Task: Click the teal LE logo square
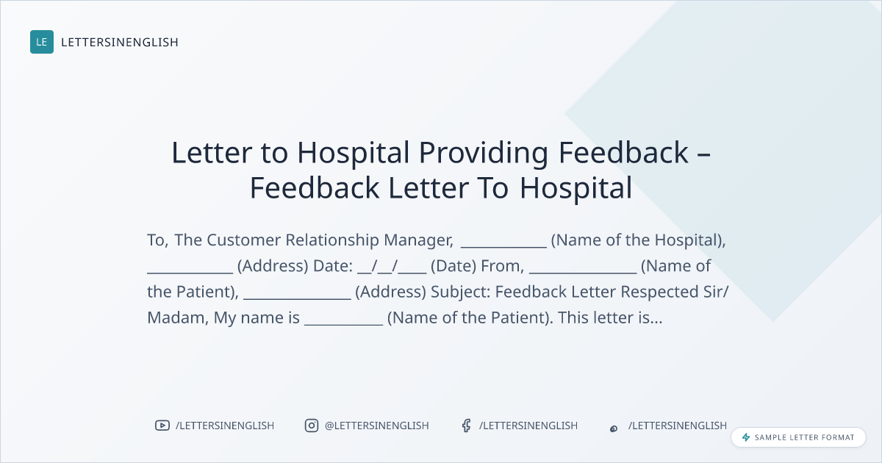(42, 42)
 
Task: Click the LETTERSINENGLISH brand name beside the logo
(120, 42)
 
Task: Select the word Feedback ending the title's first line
(623, 152)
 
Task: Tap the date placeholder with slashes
(392, 266)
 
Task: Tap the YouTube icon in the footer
(162, 426)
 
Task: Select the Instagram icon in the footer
(312, 426)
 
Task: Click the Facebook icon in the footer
(467, 426)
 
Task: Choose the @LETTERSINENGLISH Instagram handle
(377, 426)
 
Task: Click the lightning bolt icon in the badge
(746, 437)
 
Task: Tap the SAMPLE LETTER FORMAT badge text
(804, 437)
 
